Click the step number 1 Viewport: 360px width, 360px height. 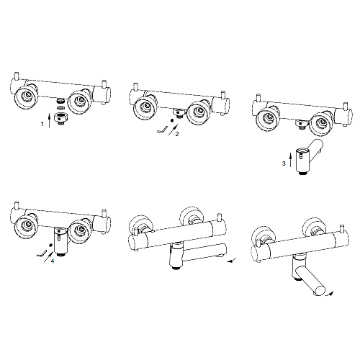click(42, 124)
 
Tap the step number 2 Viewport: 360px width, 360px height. click(177, 134)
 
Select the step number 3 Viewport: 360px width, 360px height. click(284, 163)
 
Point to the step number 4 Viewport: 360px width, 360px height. click(53, 261)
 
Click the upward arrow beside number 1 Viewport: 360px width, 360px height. click(50, 120)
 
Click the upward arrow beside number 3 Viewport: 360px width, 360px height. click(290, 161)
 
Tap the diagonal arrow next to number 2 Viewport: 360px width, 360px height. click(174, 130)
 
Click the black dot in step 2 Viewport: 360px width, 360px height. click(171, 120)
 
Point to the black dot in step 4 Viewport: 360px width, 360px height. click(50, 245)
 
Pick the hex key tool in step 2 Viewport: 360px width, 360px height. click(162, 130)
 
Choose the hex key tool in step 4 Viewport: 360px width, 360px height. click(41, 253)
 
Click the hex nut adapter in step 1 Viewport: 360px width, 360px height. click(61, 117)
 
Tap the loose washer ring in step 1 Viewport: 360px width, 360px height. click(61, 107)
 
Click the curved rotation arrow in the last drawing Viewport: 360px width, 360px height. click(328, 294)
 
